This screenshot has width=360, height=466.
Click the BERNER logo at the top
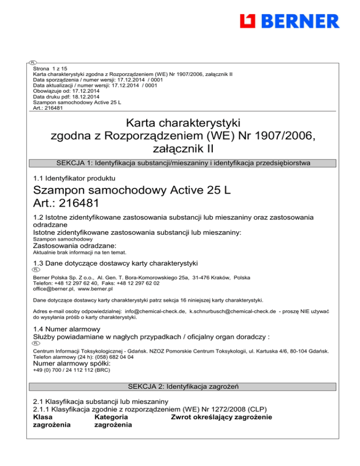(x=289, y=22)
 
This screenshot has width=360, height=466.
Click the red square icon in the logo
(x=247, y=22)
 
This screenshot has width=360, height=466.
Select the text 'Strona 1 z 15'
(x=48, y=68)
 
